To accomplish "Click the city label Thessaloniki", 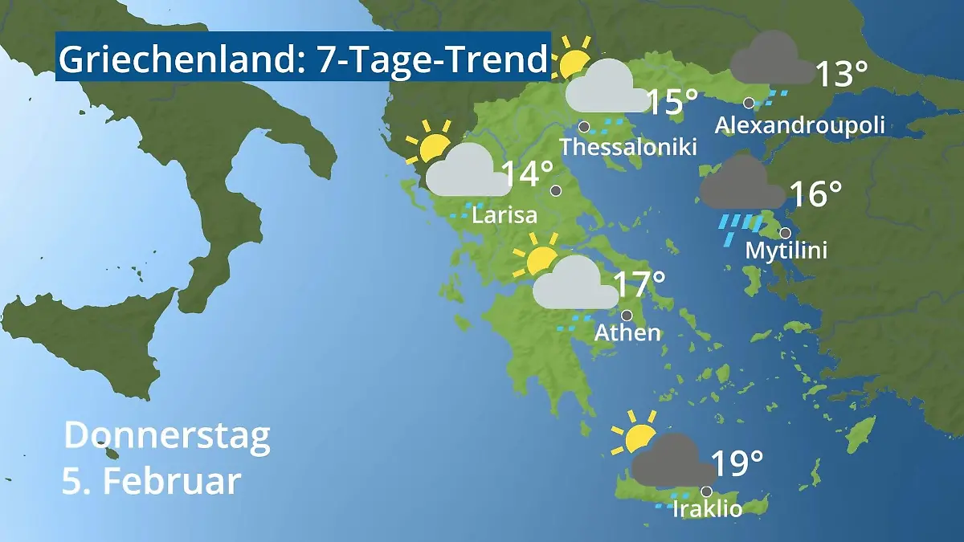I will tap(628, 148).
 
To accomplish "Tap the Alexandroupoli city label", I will tap(799, 125).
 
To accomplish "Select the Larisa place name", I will tap(504, 215).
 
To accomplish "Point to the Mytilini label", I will tap(786, 251).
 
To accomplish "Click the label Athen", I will tap(627, 332).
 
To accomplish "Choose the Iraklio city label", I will tap(707, 509).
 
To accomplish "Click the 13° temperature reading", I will tap(841, 75).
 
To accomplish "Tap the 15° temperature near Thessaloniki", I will tap(672, 102).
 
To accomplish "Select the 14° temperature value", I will tap(528, 174).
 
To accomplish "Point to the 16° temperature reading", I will tap(815, 194).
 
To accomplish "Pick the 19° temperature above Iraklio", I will tap(737, 463).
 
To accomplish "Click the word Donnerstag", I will tap(167, 436).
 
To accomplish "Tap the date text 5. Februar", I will tap(152, 482).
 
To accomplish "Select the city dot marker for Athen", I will tap(626, 315).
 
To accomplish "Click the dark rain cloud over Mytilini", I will tap(742, 186).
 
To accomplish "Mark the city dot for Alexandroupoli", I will tap(748, 103).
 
